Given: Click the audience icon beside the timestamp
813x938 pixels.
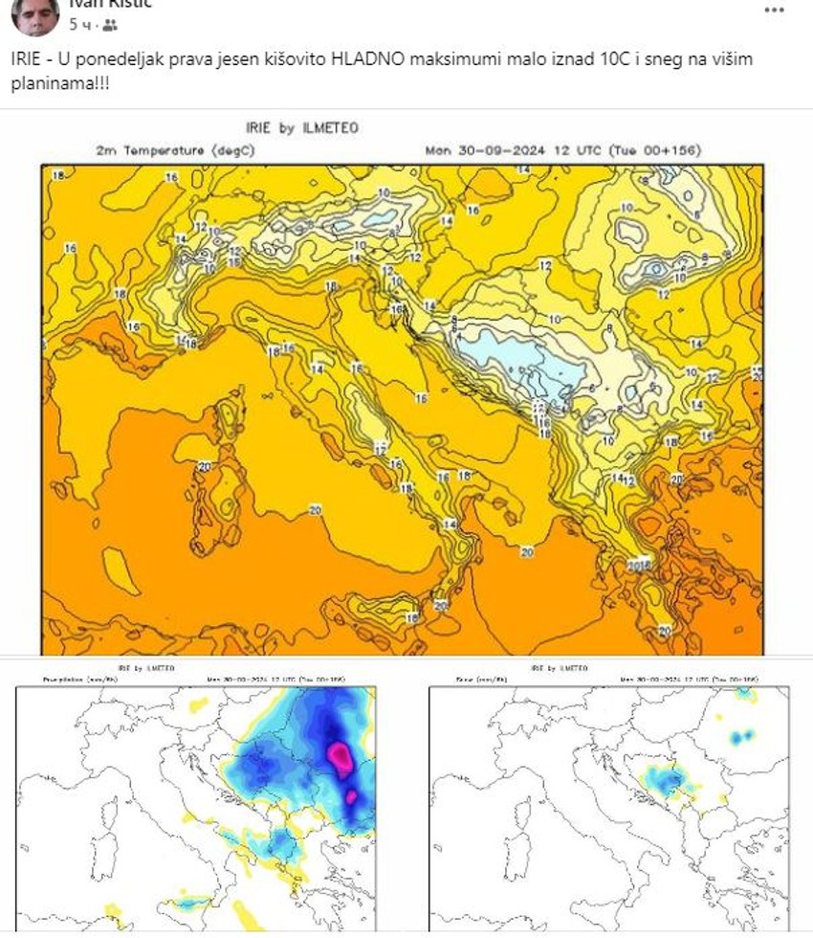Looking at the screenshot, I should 111,25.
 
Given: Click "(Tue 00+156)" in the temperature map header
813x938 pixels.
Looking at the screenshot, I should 622,150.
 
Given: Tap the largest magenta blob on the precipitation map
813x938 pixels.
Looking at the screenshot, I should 340,753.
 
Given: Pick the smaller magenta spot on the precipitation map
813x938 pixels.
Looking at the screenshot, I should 350,795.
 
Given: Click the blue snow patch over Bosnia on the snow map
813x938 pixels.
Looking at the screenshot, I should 668,783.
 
